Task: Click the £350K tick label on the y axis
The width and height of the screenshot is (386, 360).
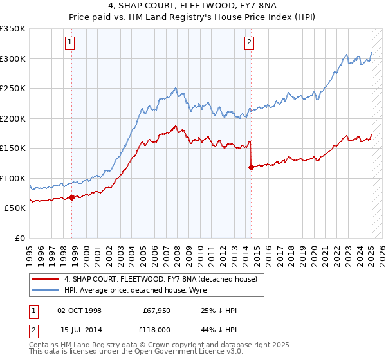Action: coord(13,29)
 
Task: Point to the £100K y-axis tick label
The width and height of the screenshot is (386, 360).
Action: coord(13,178)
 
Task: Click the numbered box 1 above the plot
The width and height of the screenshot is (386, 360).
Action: coord(69,43)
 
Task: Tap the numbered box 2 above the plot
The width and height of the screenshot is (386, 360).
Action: coord(249,43)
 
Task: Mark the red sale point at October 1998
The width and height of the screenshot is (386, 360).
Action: coord(71,197)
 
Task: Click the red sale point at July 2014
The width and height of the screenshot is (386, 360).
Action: coord(250,167)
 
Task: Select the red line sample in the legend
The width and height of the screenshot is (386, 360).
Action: coord(46,279)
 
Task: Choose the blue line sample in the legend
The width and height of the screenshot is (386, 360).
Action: coord(46,290)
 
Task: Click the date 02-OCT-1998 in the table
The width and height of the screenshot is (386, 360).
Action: coord(79,310)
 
